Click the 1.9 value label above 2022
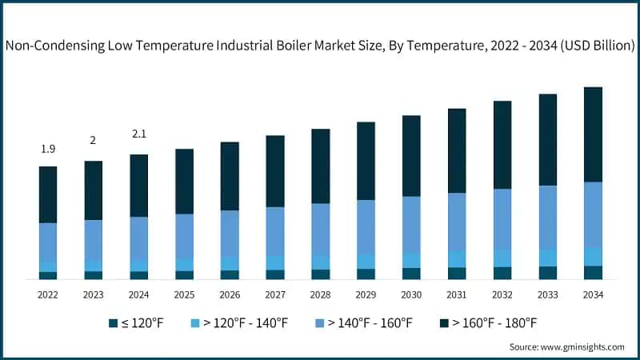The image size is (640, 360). tap(48, 149)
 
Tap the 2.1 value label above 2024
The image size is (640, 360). tap(139, 134)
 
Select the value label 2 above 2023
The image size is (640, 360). tap(93, 141)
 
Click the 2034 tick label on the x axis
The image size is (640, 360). tap(593, 295)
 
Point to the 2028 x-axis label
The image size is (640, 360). tap(320, 295)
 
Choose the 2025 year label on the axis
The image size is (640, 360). tap(184, 295)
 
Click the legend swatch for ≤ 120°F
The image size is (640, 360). tap(114, 323)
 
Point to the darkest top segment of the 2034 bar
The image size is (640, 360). tap(593, 134)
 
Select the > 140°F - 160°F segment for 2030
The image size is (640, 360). tap(411, 225)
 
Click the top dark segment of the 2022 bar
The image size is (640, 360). tap(48, 194)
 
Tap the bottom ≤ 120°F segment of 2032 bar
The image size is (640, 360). tap(502, 273)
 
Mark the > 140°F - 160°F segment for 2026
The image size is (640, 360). tap(230, 234)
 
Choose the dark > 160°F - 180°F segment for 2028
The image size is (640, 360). tap(320, 166)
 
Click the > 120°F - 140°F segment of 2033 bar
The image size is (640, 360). tap(548, 258)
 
